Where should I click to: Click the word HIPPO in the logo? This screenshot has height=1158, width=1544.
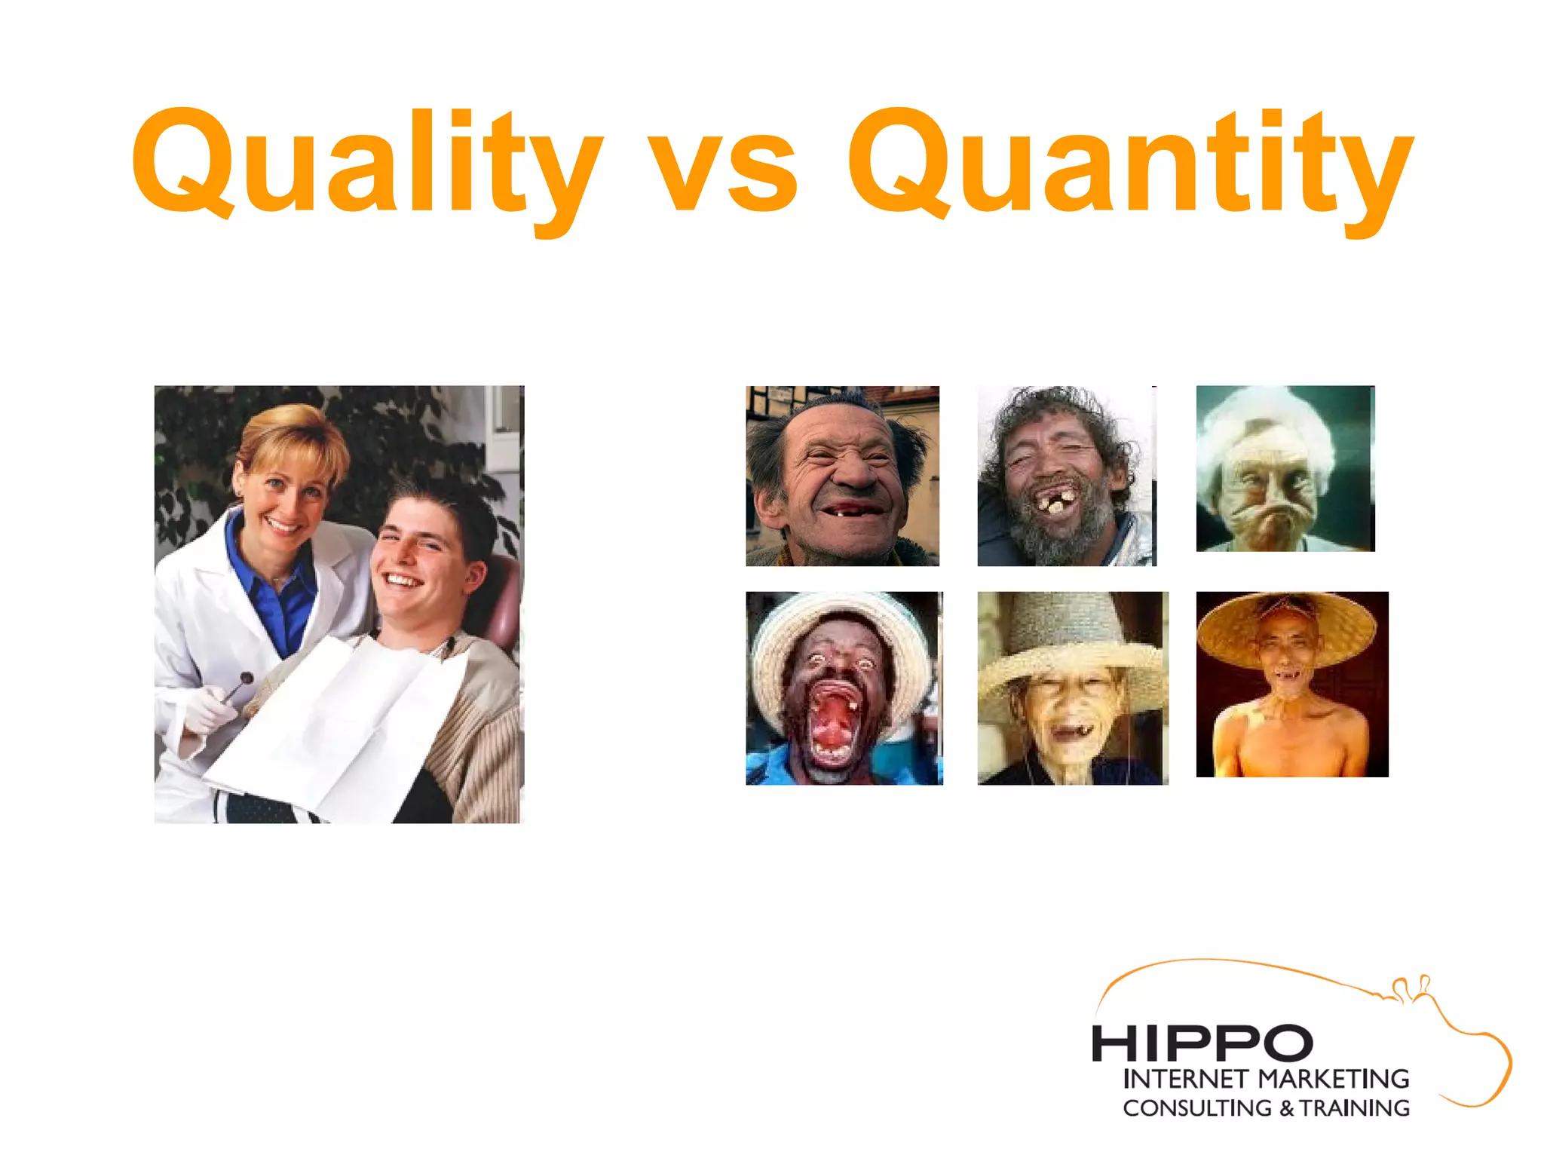1202,1043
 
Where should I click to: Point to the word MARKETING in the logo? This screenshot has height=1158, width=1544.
1334,1079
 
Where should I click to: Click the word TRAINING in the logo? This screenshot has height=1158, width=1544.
1355,1108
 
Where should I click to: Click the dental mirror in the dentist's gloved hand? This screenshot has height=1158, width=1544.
243,681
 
